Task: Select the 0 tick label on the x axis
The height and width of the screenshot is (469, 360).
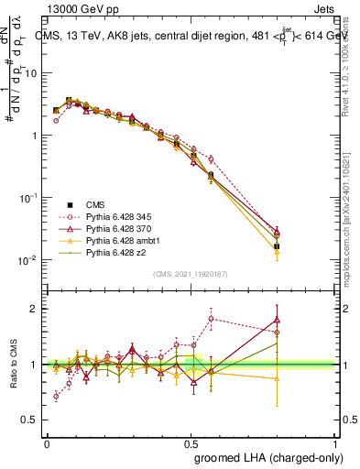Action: coord(47,443)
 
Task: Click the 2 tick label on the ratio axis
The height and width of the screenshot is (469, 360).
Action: coord(35,309)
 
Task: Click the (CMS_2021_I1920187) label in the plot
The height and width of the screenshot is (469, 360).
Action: coord(190,274)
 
